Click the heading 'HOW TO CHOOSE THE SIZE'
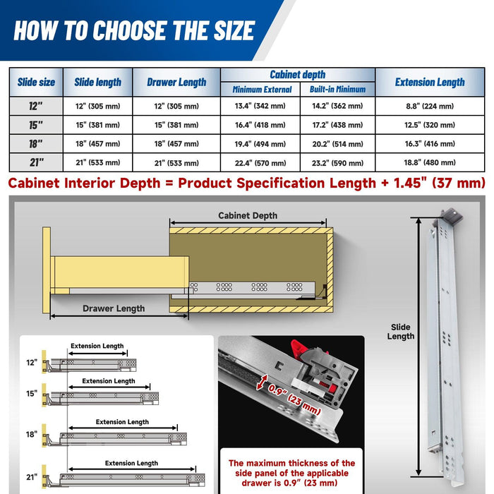[x=134, y=30]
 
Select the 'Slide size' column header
[x=36, y=83]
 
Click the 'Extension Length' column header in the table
[x=429, y=82]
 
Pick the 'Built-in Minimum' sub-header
[x=337, y=90]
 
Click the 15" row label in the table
[x=36, y=125]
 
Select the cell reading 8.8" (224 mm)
[x=429, y=107]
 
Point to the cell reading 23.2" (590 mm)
[x=337, y=162]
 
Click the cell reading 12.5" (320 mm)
[x=429, y=125]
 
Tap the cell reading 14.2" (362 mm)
[x=337, y=107]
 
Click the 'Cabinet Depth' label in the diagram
[x=247, y=216]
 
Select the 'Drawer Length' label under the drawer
[x=114, y=308]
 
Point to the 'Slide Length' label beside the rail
[x=401, y=332]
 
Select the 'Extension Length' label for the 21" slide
[x=131, y=463]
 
